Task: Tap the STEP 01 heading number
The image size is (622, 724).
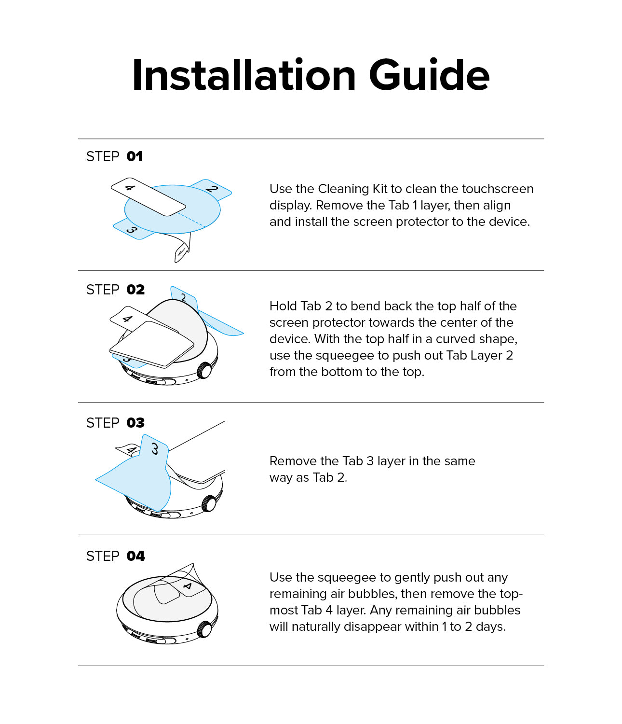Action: tap(135, 156)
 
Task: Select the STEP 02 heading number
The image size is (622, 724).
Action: tap(135, 290)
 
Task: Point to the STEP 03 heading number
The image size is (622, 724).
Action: tap(135, 423)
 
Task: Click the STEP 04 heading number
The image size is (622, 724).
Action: tap(135, 556)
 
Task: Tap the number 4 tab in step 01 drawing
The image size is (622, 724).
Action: tap(130, 188)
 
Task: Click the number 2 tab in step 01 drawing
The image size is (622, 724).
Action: tap(212, 189)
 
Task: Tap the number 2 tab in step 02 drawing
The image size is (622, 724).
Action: tap(184, 297)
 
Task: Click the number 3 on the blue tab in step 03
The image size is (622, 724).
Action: tap(155, 449)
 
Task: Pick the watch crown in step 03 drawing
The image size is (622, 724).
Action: tap(208, 503)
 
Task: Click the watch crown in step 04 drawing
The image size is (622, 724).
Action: tap(205, 629)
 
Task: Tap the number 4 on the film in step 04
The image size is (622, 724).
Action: tap(188, 586)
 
